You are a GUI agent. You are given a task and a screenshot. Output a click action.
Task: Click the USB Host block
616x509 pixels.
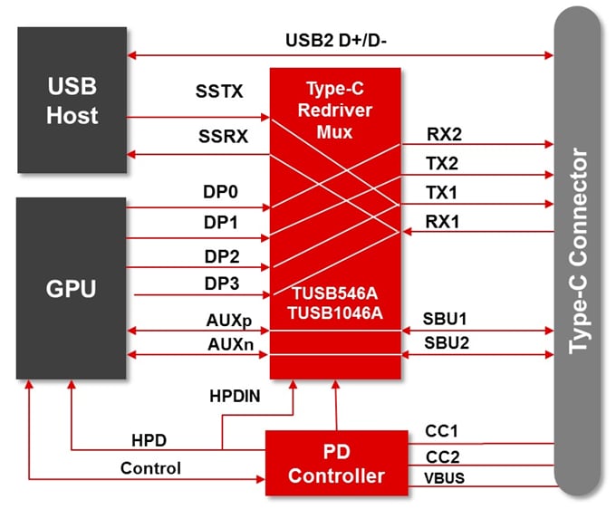point(72,101)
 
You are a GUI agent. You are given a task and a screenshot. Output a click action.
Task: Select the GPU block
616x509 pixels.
point(72,288)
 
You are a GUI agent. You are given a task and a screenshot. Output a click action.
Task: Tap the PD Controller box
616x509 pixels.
point(336,462)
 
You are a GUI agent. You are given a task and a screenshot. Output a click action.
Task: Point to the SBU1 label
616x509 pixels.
point(446,319)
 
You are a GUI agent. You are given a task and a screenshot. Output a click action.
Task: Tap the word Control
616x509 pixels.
point(150,468)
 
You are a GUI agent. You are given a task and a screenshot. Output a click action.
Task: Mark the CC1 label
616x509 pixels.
point(441,430)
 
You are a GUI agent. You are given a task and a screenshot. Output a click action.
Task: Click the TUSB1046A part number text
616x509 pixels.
point(335,313)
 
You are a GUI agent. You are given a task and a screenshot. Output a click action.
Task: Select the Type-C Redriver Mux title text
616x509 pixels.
point(335,111)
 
